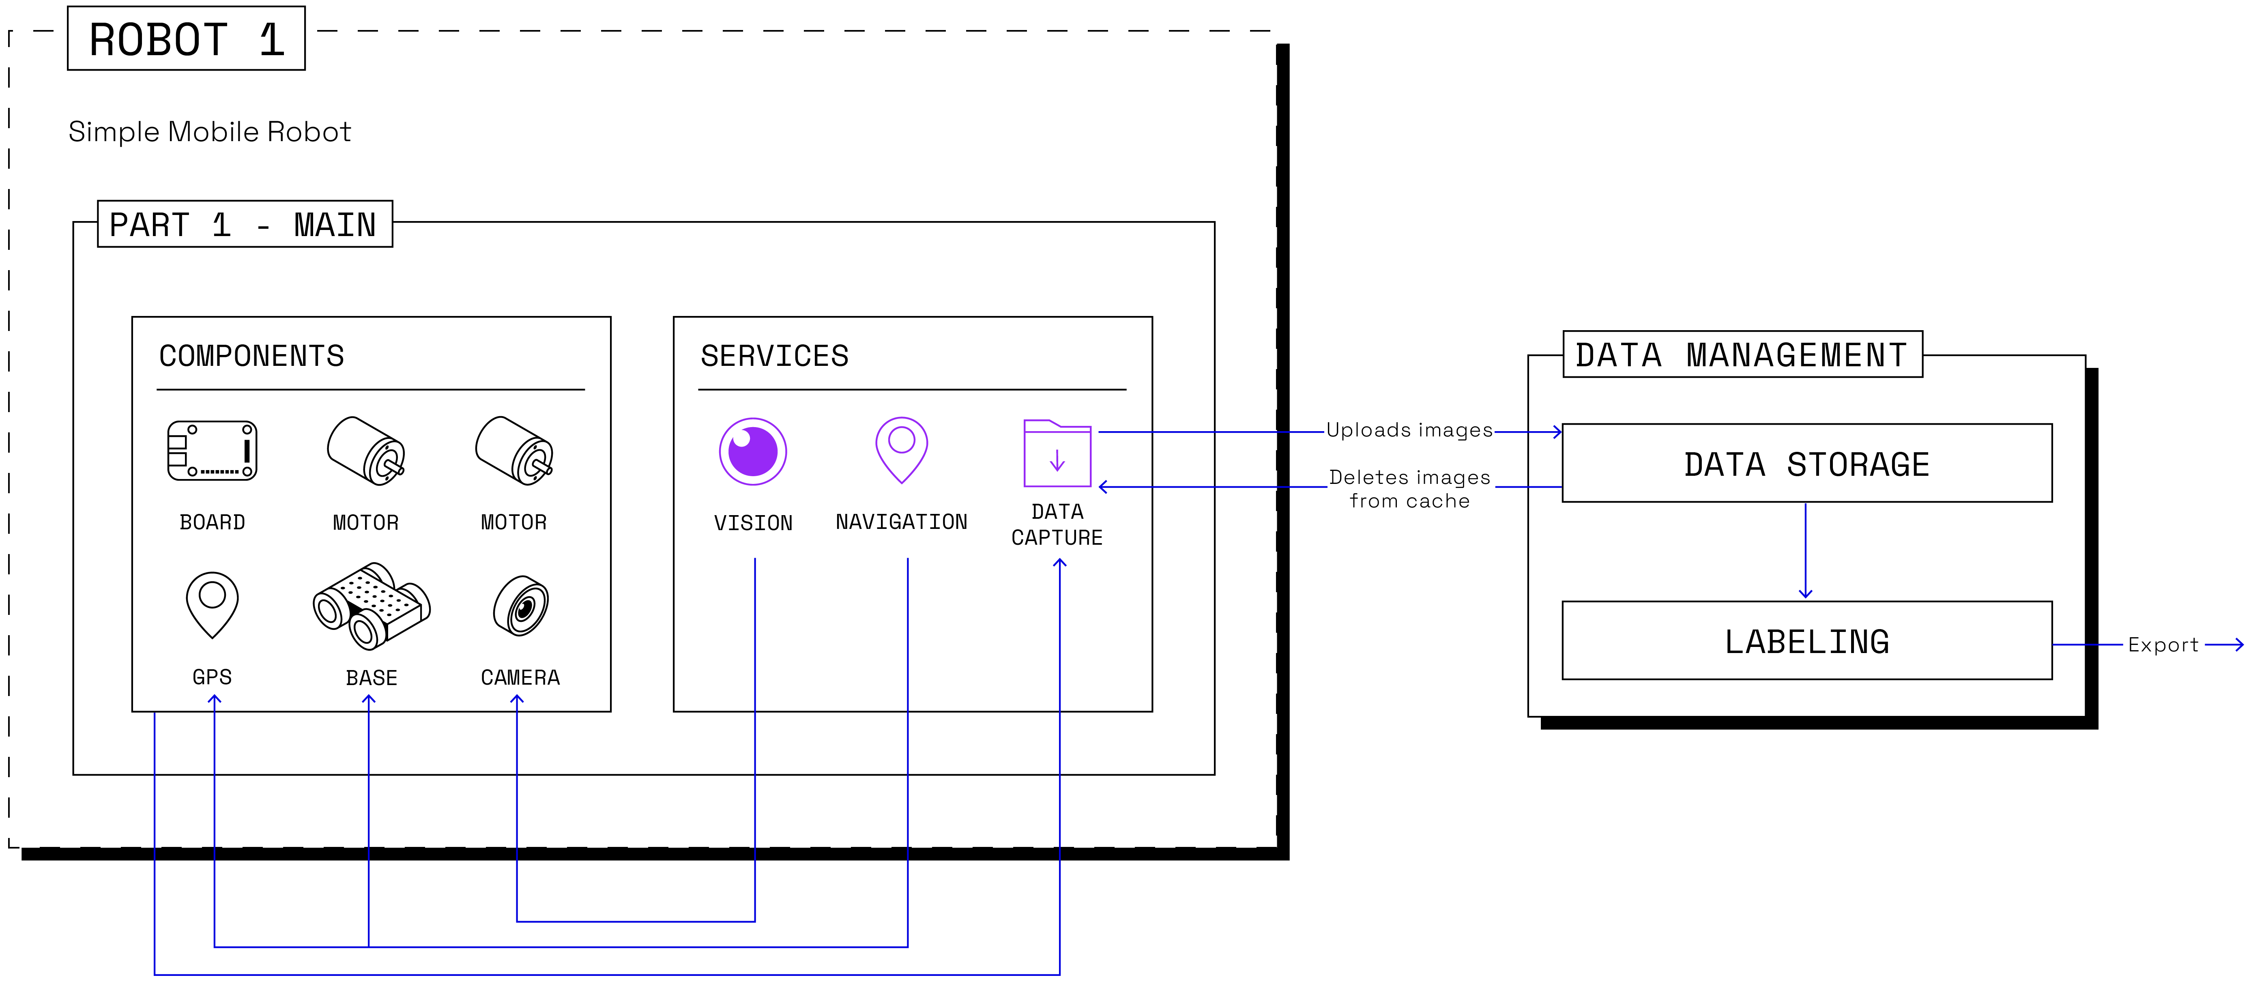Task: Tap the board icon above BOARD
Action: click(212, 451)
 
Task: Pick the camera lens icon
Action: click(521, 606)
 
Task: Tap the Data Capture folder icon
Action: click(1057, 453)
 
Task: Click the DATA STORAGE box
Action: click(1807, 464)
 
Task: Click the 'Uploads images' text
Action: click(1409, 430)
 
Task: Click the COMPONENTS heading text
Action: click(251, 356)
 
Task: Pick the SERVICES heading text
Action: click(774, 356)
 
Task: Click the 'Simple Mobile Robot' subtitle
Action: click(210, 132)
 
